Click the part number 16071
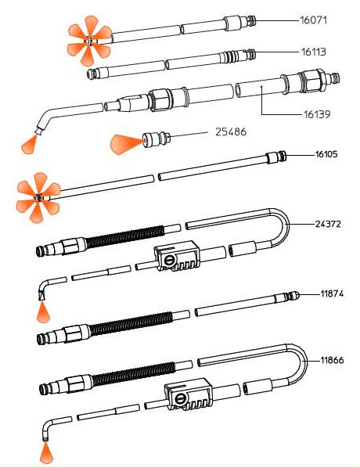(x=313, y=20)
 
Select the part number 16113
(x=313, y=52)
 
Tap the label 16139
(x=317, y=114)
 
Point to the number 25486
(x=231, y=131)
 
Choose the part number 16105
(x=326, y=154)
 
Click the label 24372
(x=328, y=224)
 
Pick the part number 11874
(x=332, y=293)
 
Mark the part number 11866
(x=332, y=360)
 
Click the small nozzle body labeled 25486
(x=157, y=139)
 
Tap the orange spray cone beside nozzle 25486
(x=126, y=145)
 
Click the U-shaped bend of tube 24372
(x=284, y=227)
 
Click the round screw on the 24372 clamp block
(x=169, y=261)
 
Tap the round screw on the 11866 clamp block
(x=180, y=398)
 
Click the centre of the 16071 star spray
(x=88, y=41)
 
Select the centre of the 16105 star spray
(x=38, y=197)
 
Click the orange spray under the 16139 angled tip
(x=29, y=145)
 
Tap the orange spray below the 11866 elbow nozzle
(x=46, y=452)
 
